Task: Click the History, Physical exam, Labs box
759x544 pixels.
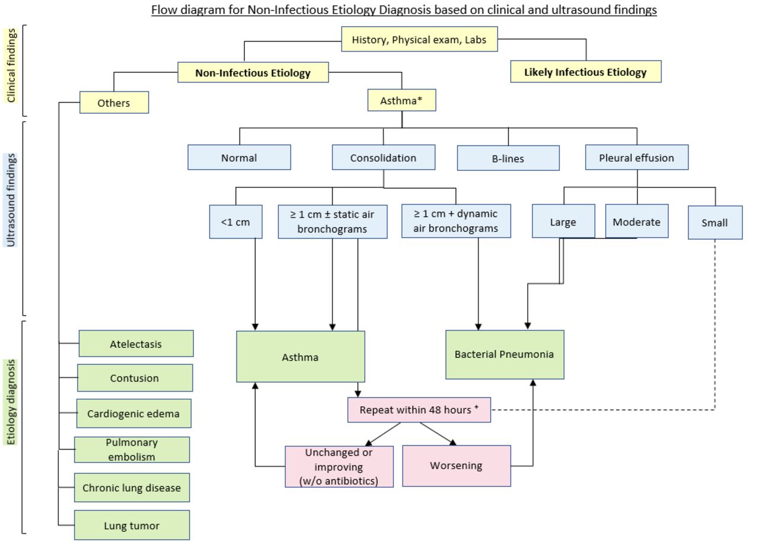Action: point(419,39)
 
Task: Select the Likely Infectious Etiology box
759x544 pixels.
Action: point(586,72)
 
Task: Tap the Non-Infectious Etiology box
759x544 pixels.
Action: point(253,72)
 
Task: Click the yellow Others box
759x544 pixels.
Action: point(114,103)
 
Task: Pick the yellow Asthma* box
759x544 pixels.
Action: point(402,100)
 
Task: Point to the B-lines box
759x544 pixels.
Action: point(508,158)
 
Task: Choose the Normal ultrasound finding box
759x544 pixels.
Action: point(239,157)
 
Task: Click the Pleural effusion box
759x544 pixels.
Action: point(637,157)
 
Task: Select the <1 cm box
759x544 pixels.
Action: point(236,222)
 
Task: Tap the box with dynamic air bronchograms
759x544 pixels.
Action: point(456,221)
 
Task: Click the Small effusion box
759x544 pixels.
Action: point(715,222)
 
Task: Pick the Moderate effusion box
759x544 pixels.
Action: point(637,221)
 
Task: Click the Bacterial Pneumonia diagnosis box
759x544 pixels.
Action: point(505,355)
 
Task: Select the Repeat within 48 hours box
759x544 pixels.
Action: point(419,410)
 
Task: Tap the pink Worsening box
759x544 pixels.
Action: point(457,466)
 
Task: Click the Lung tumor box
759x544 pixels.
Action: point(132,525)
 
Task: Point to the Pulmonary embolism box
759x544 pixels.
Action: point(132,450)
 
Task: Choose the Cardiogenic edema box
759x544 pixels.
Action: point(134,413)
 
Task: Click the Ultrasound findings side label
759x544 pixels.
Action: point(11,200)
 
